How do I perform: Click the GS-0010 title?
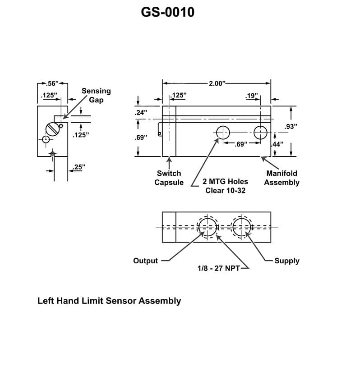click(167, 12)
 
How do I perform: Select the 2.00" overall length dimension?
click(217, 83)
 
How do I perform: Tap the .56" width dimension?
click(53, 83)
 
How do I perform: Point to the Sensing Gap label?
click(96, 95)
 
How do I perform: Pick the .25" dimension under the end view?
click(78, 167)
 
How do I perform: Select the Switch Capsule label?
click(169, 178)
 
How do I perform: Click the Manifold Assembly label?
click(282, 178)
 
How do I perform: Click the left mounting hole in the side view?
click(223, 133)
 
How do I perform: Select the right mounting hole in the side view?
click(260, 133)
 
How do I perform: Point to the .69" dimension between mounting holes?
click(242, 144)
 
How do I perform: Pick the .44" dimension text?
click(277, 144)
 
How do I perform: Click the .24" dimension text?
click(141, 113)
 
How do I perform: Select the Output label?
click(145, 261)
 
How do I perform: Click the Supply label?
click(287, 261)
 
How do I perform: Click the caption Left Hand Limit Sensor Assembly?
click(109, 301)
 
